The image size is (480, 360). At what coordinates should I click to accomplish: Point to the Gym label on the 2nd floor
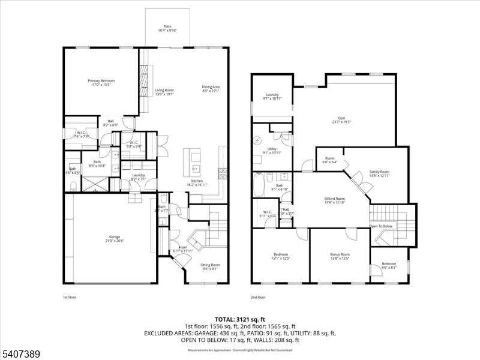[341, 119]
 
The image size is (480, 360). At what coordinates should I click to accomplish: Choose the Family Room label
[379, 173]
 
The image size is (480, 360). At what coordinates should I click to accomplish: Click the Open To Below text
[381, 226]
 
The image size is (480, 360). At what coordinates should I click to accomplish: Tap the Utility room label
[272, 150]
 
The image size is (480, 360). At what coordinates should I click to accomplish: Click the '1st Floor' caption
[70, 297]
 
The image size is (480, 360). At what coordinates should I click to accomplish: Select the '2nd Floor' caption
[258, 297]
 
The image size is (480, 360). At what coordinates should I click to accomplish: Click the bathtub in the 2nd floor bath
[259, 186]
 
